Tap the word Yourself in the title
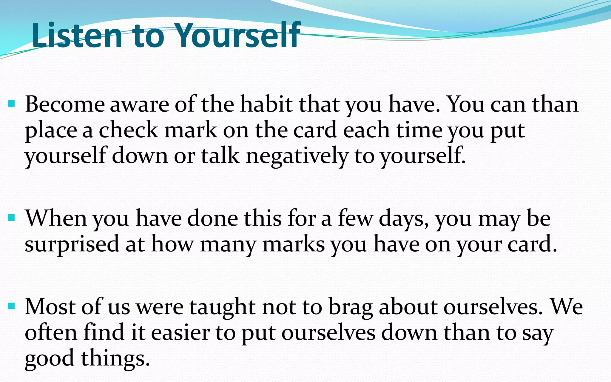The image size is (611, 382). [x=237, y=35]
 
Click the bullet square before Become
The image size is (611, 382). [x=12, y=104]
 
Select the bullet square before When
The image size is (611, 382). [x=12, y=218]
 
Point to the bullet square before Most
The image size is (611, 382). [x=12, y=306]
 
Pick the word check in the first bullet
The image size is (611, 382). [x=128, y=130]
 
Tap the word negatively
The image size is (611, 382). [x=297, y=156]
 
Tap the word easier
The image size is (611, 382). [x=180, y=332]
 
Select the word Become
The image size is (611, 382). [x=65, y=104]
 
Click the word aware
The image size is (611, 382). [x=139, y=105]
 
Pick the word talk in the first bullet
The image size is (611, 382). [x=220, y=156]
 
